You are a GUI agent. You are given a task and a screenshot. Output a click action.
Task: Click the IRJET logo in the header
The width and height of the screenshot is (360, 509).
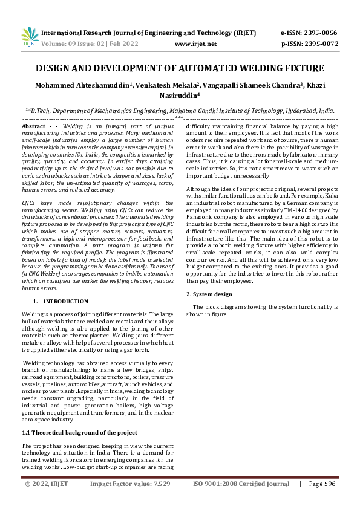click(30, 37)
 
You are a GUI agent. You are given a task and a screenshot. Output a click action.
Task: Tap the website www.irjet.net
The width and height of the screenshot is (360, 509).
click(195, 44)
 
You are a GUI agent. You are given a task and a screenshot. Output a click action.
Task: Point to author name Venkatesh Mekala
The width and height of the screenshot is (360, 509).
click(172, 85)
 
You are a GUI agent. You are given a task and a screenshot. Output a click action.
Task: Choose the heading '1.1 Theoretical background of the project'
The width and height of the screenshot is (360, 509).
click(79, 432)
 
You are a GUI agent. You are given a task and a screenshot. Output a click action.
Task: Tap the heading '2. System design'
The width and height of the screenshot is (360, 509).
click(209, 294)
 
